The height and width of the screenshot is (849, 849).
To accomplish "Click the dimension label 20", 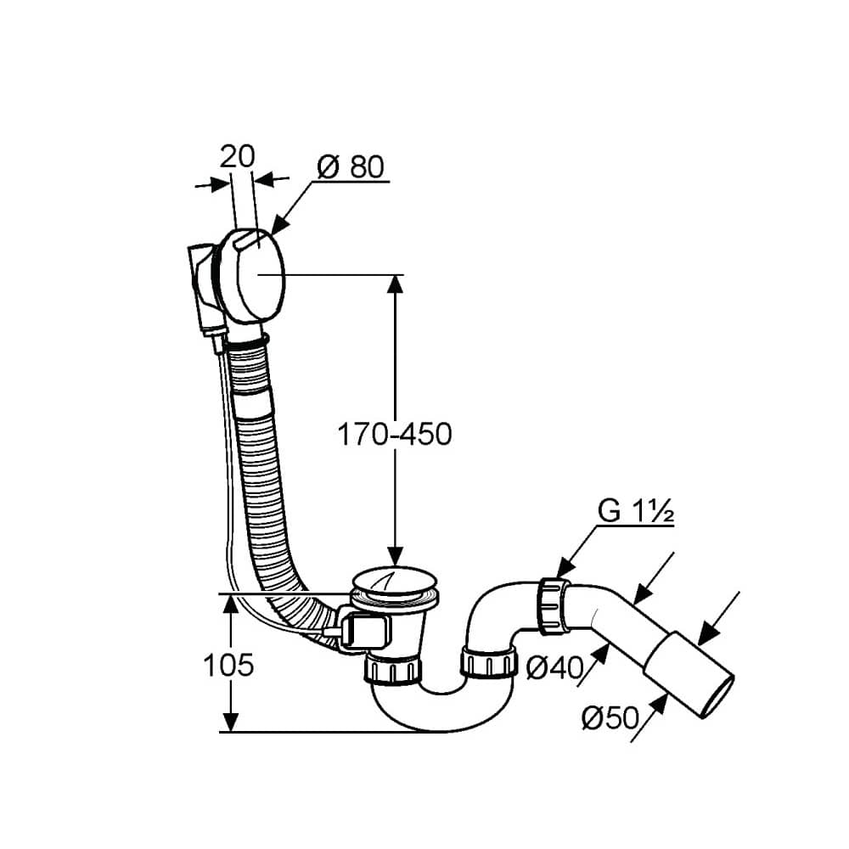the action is (237, 157).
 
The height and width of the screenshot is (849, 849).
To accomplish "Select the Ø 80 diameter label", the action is (351, 166).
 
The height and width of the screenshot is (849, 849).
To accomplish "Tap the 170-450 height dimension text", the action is (395, 434).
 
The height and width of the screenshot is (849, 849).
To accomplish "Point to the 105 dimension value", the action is (228, 665).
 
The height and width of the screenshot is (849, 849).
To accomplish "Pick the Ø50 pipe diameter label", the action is (610, 717).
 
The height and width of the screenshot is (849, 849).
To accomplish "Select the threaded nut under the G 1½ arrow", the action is (554, 606).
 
